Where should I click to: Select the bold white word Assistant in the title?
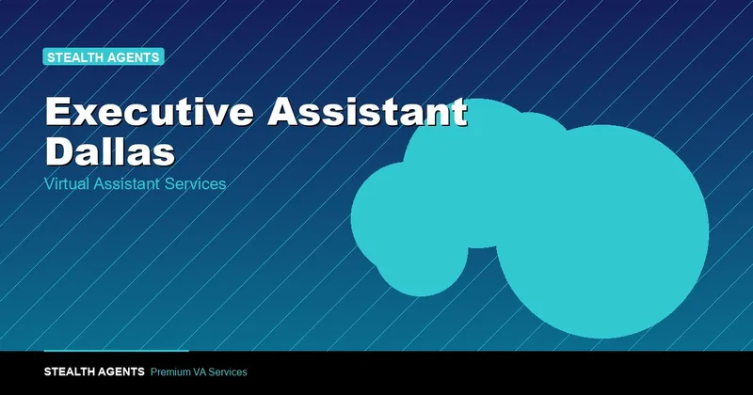tap(367, 111)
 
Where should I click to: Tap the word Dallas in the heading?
tap(110, 151)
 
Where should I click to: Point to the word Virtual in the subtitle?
tap(66, 183)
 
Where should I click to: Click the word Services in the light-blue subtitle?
tap(195, 183)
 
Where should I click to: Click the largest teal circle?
tap(602, 231)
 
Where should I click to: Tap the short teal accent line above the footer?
tap(116, 351)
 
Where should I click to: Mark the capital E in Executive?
tap(57, 111)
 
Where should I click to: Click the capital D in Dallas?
tap(59, 151)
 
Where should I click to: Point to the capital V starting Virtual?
tap(49, 183)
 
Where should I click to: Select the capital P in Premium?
tap(153, 372)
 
